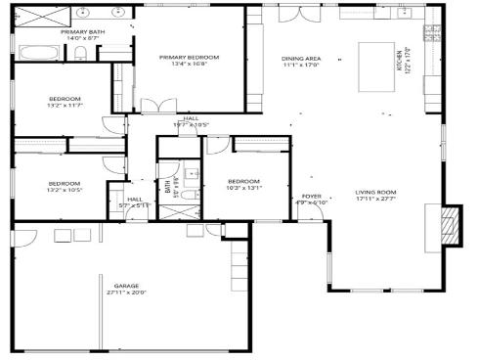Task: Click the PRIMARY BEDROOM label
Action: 190,58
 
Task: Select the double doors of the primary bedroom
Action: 157,104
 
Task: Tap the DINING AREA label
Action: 301,58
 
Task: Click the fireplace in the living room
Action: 450,223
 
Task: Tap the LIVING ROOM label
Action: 374,192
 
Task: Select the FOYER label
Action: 311,196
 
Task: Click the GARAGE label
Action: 126,286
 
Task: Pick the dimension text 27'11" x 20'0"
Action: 126,292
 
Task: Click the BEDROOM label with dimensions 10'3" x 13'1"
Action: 243,182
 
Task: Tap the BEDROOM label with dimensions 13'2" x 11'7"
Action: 65,99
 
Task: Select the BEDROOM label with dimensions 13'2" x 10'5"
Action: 65,184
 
